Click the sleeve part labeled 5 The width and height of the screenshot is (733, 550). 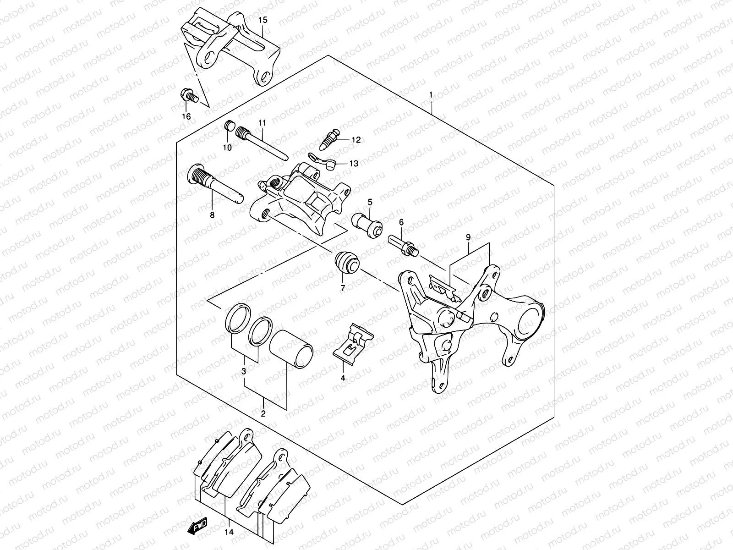[366, 224]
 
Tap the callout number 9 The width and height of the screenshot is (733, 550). [468, 237]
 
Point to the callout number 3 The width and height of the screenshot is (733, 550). [244, 370]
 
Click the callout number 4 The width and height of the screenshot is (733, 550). [342, 378]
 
